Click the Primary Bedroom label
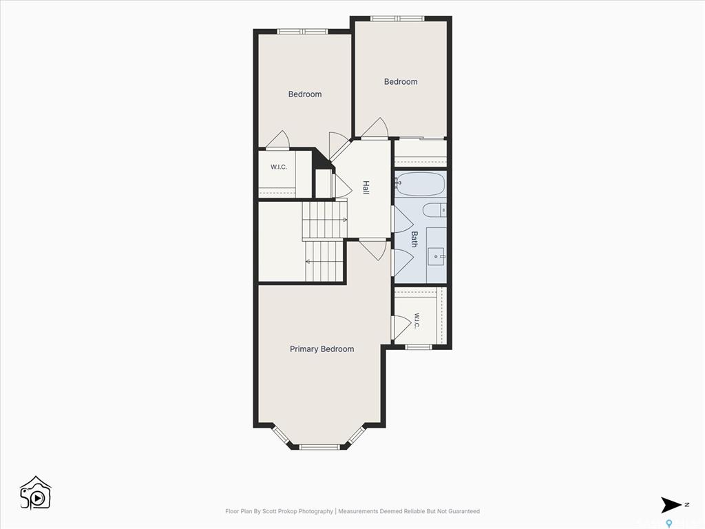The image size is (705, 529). click(322, 349)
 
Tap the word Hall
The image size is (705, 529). click(366, 187)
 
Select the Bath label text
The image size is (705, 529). click(414, 239)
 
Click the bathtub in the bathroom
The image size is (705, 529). click(421, 185)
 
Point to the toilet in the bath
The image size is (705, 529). click(435, 210)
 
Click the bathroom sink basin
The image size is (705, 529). click(436, 256)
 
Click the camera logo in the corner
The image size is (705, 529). click(36, 492)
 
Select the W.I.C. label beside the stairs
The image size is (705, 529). click(279, 167)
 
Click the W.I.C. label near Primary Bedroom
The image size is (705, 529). click(417, 321)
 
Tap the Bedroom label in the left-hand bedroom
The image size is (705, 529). click(305, 94)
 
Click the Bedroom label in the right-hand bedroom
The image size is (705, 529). click(401, 81)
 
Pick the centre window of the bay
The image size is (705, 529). click(319, 446)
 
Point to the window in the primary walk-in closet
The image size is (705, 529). click(419, 347)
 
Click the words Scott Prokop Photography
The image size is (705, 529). click(297, 511)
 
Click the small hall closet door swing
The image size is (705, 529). click(342, 185)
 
